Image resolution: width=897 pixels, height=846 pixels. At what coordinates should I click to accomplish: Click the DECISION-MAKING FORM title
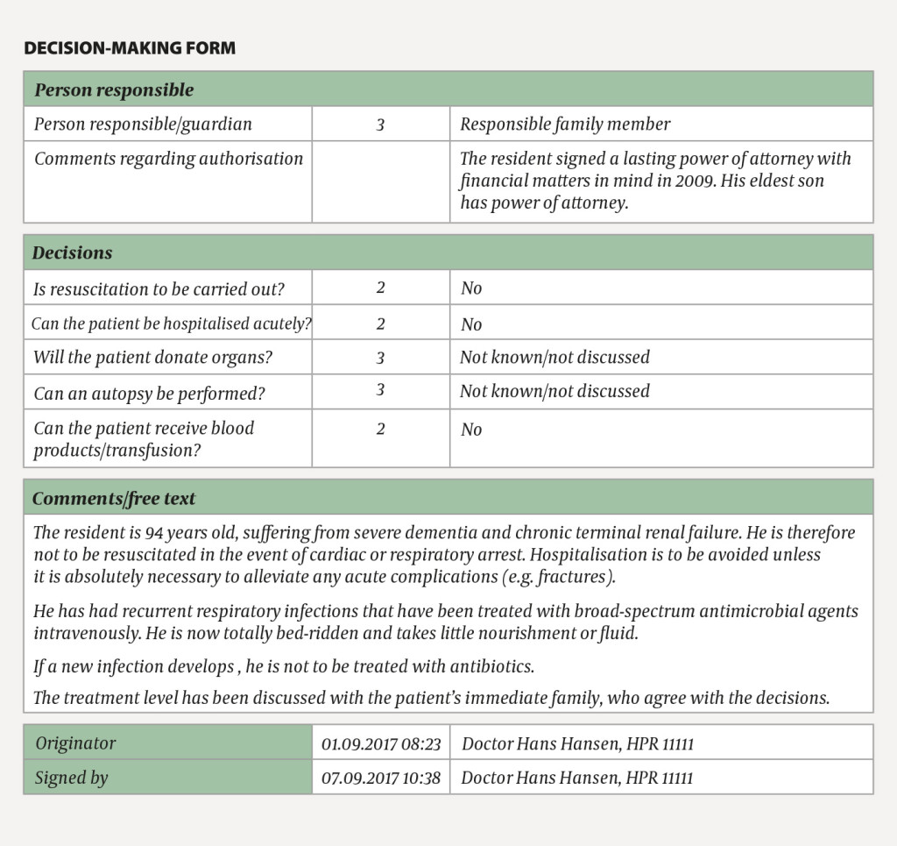(x=130, y=48)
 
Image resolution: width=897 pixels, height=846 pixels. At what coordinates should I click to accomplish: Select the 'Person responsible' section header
(x=113, y=90)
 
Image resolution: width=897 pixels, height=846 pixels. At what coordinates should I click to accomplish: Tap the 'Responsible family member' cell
(x=565, y=124)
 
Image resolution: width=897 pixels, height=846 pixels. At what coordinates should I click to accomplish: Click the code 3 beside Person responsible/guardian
(x=380, y=125)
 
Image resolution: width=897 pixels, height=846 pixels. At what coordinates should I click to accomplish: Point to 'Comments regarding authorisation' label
(x=168, y=159)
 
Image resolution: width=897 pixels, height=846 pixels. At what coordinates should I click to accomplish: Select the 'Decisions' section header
(x=73, y=253)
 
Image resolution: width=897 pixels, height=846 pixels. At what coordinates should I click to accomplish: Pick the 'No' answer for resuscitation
(x=471, y=288)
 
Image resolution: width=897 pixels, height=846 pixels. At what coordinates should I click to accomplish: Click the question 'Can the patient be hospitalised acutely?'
(x=172, y=323)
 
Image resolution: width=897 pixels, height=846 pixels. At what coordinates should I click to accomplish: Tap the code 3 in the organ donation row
(x=380, y=358)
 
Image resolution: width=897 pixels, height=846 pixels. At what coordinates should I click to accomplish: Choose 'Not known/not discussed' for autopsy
(x=554, y=391)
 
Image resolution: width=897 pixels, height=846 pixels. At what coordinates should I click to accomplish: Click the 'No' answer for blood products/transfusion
(x=471, y=430)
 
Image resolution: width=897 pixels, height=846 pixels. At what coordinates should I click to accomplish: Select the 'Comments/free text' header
(x=114, y=499)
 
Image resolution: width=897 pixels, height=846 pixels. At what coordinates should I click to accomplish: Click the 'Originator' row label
(x=75, y=744)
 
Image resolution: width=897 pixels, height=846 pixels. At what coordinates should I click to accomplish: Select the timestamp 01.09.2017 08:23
(x=381, y=745)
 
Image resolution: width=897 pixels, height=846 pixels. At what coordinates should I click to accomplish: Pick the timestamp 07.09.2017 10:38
(x=381, y=778)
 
